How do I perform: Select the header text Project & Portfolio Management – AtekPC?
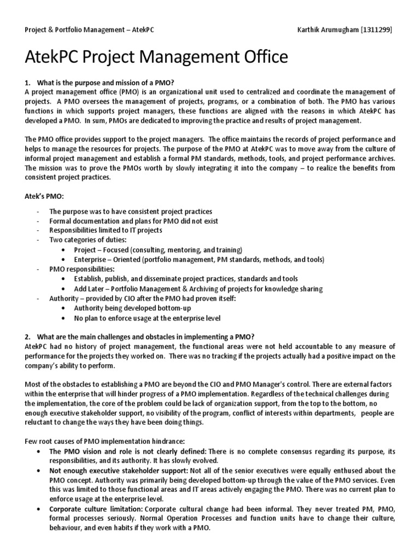[x=90, y=29]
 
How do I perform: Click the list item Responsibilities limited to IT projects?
[x=106, y=230]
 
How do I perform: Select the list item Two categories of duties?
[x=87, y=240]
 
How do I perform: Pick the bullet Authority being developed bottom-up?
[x=132, y=308]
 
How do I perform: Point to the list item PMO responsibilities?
[x=82, y=269]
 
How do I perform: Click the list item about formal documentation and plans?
[x=133, y=221]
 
